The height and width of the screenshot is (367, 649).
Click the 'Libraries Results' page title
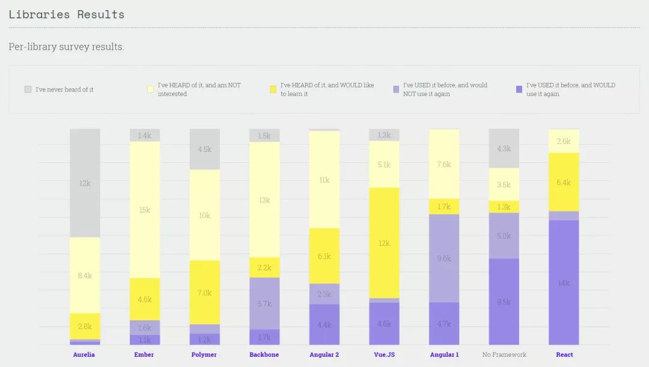(67, 14)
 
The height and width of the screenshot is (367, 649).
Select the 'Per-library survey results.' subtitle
(66, 47)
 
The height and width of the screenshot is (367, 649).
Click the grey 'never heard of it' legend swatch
(28, 89)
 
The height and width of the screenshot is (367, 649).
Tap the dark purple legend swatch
(519, 89)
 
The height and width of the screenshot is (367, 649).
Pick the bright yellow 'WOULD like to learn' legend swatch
(273, 89)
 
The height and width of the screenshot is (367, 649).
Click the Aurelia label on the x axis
(84, 354)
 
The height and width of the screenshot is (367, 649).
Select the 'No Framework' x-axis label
(504, 354)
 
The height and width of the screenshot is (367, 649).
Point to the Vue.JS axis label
(384, 354)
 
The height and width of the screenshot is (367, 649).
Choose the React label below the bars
(564, 354)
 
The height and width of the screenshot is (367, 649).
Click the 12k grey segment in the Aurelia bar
(85, 183)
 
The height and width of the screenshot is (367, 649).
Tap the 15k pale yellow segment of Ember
(145, 210)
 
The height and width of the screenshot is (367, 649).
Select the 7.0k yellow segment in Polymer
(205, 293)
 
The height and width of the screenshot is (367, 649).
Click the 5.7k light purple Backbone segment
(264, 303)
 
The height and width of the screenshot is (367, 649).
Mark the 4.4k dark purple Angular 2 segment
(324, 324)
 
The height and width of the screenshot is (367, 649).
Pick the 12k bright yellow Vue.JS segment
(384, 243)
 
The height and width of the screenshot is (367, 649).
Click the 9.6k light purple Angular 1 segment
(444, 258)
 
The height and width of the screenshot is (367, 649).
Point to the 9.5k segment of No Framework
(504, 302)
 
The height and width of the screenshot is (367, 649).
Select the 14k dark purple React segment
(564, 282)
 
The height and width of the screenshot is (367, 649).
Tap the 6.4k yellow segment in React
(564, 182)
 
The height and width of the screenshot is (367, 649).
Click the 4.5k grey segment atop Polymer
(205, 149)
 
